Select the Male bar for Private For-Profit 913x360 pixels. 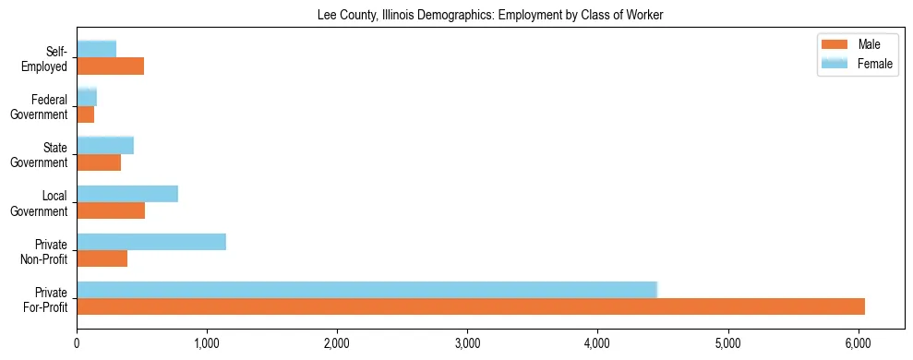click(471, 306)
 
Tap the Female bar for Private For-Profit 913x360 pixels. click(366, 290)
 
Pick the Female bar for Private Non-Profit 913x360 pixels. click(151, 242)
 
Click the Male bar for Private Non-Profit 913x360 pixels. click(102, 258)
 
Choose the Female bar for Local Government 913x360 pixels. click(127, 194)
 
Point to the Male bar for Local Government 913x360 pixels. click(111, 210)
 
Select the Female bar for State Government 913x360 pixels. click(105, 145)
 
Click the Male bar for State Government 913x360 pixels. click(99, 162)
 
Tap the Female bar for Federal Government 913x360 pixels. click(87, 97)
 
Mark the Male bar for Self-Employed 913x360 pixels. click(110, 66)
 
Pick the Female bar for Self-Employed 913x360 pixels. click(97, 49)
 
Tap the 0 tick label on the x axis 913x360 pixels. click(78, 343)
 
